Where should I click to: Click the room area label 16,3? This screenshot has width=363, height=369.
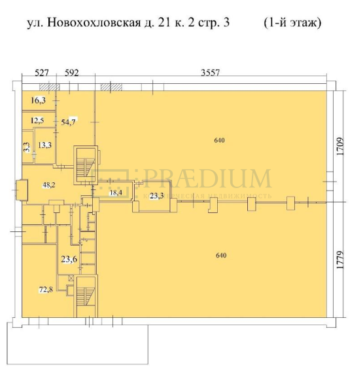(x=39, y=100)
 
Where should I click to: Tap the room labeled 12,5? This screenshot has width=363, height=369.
(x=38, y=121)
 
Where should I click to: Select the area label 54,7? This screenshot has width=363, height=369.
(x=69, y=122)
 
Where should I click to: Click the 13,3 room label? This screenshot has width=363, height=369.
(x=44, y=146)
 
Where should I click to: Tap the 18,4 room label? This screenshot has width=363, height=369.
(x=116, y=193)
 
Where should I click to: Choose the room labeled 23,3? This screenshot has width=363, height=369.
(x=156, y=196)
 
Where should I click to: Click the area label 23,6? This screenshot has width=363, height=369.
(x=69, y=259)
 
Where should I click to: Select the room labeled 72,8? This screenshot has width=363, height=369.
(x=45, y=289)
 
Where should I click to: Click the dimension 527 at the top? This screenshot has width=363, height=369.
(x=43, y=73)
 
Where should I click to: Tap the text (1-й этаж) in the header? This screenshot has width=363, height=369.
(x=292, y=24)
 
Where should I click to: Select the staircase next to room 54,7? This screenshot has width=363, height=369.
(x=84, y=164)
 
